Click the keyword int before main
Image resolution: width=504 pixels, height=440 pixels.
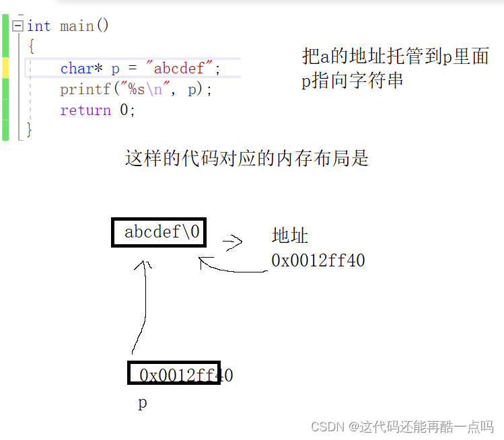click(39, 26)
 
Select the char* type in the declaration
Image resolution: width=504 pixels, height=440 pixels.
click(81, 69)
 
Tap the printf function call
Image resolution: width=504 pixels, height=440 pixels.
click(81, 89)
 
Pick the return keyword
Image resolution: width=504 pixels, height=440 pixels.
click(85, 110)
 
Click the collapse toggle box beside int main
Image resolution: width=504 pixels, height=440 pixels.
click(17, 26)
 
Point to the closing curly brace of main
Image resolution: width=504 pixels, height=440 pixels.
click(29, 129)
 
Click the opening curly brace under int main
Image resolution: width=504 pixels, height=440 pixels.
click(31, 47)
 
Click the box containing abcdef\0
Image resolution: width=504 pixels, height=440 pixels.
click(159, 233)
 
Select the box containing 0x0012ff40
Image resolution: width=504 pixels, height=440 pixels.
click(174, 374)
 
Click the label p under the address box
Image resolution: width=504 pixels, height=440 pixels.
click(142, 404)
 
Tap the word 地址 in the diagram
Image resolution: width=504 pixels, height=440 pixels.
click(290, 236)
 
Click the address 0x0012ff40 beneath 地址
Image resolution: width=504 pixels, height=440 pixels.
click(318, 260)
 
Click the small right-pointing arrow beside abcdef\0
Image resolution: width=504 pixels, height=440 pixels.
click(232, 243)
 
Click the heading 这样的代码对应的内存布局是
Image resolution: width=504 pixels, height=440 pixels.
click(247, 159)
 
